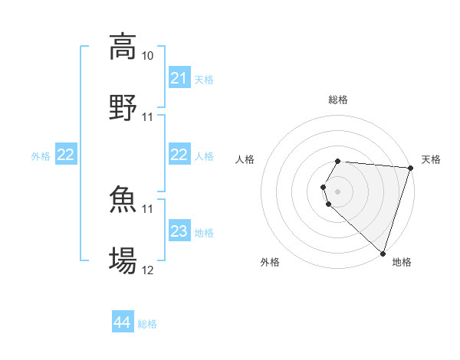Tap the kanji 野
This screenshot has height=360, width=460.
pyautogui.click(x=123, y=106)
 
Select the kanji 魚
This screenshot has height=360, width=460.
pyautogui.click(x=123, y=199)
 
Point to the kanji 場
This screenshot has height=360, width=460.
pyautogui.click(x=123, y=260)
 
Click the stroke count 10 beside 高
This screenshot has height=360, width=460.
pyautogui.click(x=148, y=56)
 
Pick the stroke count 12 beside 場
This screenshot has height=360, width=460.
pyautogui.click(x=148, y=270)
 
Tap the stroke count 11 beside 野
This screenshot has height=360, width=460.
pyautogui.click(x=148, y=117)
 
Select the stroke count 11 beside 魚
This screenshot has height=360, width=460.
pyautogui.click(x=148, y=208)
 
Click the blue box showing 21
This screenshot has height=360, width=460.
pyautogui.click(x=179, y=78)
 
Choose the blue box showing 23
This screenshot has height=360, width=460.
pyautogui.click(x=179, y=231)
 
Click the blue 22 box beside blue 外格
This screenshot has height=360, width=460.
pyautogui.click(x=66, y=155)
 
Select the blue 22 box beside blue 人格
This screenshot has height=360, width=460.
pyautogui.click(x=179, y=155)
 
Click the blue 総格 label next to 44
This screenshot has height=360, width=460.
pyautogui.click(x=147, y=324)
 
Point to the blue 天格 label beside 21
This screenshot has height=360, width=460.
pyautogui.click(x=204, y=79)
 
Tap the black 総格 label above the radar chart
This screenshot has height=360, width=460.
pyautogui.click(x=338, y=100)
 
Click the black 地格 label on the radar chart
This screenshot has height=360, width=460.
pyautogui.click(x=402, y=262)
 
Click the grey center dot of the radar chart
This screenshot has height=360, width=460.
pyautogui.click(x=338, y=191)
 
